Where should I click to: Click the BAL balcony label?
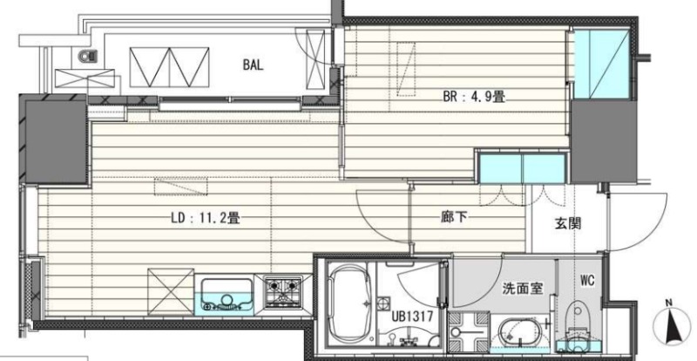253,65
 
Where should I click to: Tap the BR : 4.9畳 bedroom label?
474,97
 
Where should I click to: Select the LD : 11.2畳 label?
206,218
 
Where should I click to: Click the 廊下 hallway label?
454,217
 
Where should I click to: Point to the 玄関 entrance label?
568,223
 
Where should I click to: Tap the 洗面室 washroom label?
522,289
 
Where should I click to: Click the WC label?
586,281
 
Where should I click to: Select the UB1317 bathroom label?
412,317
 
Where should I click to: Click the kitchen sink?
226,294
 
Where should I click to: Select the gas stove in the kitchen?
282,292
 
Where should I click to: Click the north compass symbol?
670,323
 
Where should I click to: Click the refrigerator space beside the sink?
171,291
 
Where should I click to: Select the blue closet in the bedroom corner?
601,65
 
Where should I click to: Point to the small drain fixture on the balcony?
88,57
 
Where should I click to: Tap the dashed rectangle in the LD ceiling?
181,186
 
